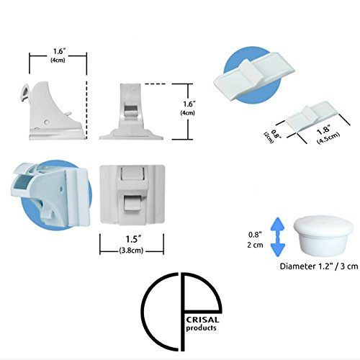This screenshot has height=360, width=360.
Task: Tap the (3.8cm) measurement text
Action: click(131, 251)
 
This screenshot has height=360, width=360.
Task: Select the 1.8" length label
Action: click(323, 130)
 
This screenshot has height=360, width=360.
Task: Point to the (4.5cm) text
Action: click(328, 138)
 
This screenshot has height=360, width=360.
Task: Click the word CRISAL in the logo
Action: click(203, 320)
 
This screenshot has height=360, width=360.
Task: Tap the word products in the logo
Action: click(202, 328)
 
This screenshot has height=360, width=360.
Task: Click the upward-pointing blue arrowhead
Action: click(277, 225)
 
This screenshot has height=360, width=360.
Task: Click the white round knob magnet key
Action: click(323, 235)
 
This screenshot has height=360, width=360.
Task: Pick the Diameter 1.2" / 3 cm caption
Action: click(319, 266)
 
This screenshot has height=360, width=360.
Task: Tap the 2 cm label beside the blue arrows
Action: click(255, 245)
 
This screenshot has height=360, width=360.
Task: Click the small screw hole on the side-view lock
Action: click(47, 122)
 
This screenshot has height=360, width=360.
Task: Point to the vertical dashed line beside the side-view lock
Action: click(86, 110)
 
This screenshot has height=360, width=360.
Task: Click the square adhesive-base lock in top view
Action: click(132, 195)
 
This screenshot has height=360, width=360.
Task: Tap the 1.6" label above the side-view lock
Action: click(59, 51)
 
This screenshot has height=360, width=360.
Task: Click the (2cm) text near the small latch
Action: click(269, 138)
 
